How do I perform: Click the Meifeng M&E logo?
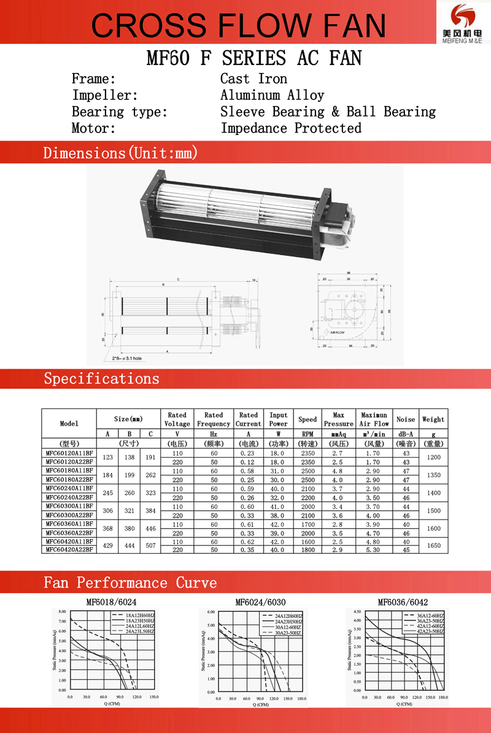462,22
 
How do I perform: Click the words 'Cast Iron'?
253,79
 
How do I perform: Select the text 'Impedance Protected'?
291,128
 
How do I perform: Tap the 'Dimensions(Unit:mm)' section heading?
120,153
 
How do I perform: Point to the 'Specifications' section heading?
101,378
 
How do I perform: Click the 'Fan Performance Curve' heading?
130,582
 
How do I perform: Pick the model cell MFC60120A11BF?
69,453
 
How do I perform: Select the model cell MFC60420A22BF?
69,550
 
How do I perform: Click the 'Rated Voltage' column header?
177,420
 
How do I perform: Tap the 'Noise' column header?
406,420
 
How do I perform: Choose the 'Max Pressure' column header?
338,420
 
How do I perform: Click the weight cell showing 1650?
433,545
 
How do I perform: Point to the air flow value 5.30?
374,550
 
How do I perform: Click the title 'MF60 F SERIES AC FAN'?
254,58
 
